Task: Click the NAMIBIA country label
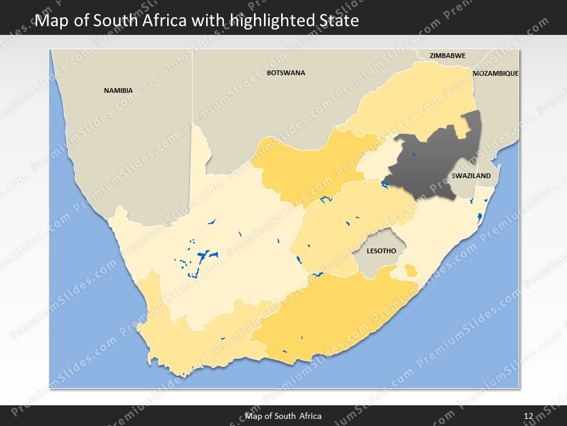click(118, 91)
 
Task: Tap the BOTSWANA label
click(286, 73)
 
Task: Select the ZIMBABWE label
click(447, 56)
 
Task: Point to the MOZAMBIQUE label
click(496, 73)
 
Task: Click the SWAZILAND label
click(471, 176)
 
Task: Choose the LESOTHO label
click(381, 251)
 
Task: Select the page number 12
click(529, 416)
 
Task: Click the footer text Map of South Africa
click(283, 416)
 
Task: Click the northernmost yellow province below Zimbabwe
click(413, 101)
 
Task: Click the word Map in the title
click(50, 21)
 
